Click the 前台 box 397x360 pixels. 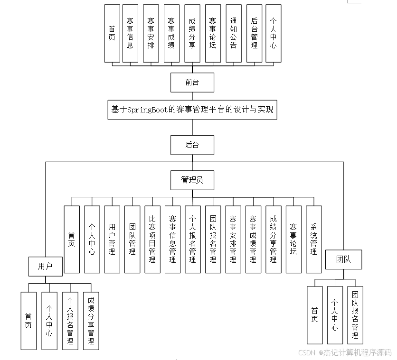(192, 83)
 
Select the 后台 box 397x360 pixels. (192, 145)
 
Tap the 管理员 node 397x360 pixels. (192, 180)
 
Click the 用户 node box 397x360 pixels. (45, 266)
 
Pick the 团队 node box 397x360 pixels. (343, 259)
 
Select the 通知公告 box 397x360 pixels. (234, 33)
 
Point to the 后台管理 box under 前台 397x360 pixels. (254, 33)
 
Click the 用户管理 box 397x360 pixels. (112, 239)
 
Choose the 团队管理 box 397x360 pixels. (132, 239)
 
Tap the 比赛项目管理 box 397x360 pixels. (152, 239)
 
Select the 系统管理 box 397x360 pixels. (314, 239)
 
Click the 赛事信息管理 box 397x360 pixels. (172, 239)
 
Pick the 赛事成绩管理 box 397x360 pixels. (253, 239)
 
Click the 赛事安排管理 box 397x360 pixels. (233, 239)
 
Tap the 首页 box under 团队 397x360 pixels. (314, 315)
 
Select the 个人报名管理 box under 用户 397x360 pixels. (70, 321)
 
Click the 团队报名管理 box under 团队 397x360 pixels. (355, 315)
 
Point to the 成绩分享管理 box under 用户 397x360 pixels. (91, 321)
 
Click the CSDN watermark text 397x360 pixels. (306, 352)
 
